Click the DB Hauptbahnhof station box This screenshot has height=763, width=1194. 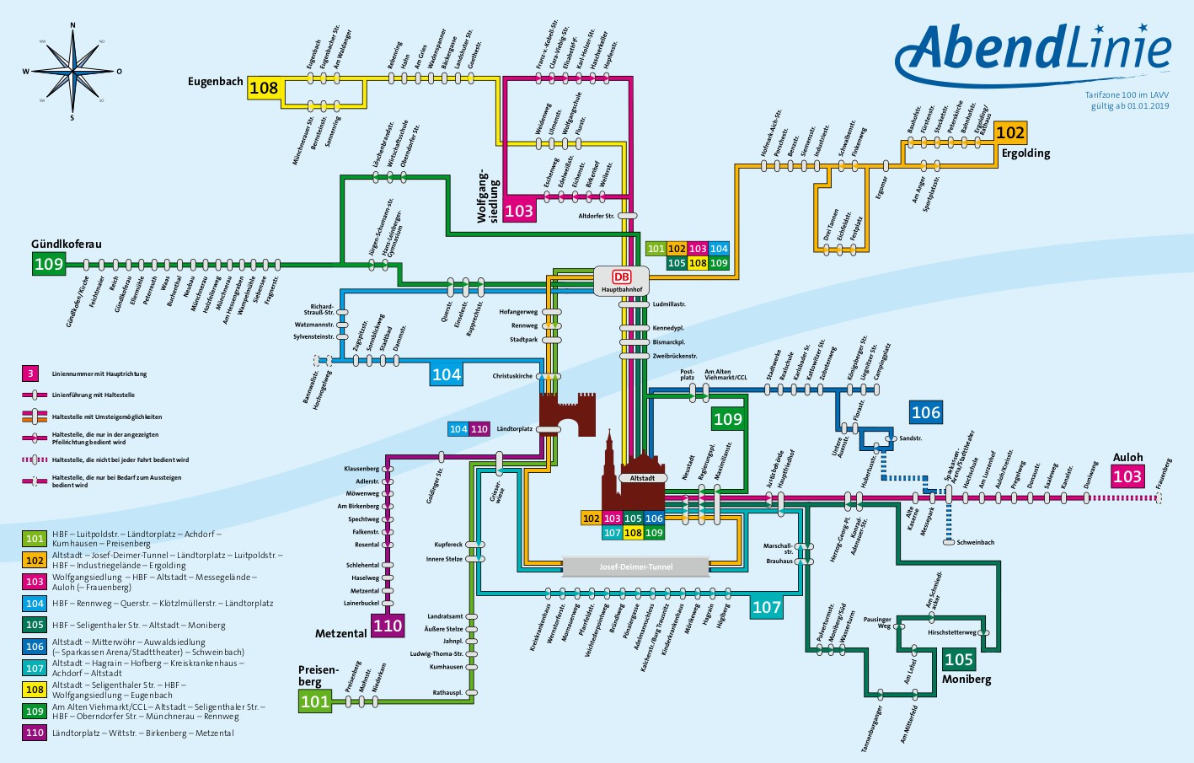[x=621, y=280]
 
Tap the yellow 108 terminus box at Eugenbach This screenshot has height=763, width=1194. [x=264, y=88]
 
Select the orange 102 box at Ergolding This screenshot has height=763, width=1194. [x=1010, y=132]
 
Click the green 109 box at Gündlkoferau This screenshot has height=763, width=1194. [x=49, y=264]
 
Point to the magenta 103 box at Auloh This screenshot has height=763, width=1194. [x=1127, y=476]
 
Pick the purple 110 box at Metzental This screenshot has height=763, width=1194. [x=388, y=626]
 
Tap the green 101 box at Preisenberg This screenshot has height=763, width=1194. [x=315, y=701]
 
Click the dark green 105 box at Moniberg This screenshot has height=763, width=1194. [x=959, y=659]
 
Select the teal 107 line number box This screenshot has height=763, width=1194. [x=766, y=607]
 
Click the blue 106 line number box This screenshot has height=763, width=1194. [x=925, y=412]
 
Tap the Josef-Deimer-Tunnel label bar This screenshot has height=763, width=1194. [x=636, y=567]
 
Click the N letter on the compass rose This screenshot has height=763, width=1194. [x=72, y=26]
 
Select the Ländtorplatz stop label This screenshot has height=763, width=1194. [x=515, y=429]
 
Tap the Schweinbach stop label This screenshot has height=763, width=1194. [x=975, y=542]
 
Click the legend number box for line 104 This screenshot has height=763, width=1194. [x=35, y=604]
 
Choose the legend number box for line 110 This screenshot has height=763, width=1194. [x=35, y=733]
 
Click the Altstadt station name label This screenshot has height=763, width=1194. [x=642, y=478]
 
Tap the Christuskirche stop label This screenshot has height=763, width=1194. [x=512, y=376]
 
